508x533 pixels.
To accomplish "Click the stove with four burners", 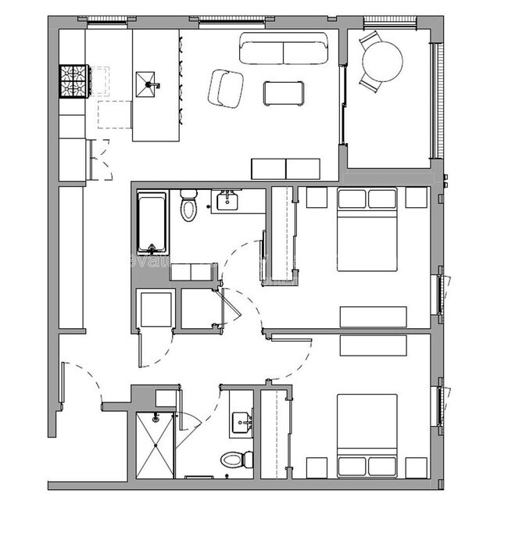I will point(75,79).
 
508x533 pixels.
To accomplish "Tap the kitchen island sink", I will point(148,80).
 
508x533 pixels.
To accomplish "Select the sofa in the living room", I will point(283,49).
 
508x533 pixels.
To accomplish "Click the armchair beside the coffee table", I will point(227,88).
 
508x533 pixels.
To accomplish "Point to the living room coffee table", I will point(282,93).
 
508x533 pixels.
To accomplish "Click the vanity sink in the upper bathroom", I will point(227,200).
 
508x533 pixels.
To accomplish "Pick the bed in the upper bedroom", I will point(367,228).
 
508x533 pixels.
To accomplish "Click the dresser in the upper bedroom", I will point(373,317).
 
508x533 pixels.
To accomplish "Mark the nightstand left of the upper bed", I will point(317,198).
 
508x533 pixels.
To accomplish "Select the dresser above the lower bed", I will point(373,345).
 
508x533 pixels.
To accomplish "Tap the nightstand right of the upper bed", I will point(417,198).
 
